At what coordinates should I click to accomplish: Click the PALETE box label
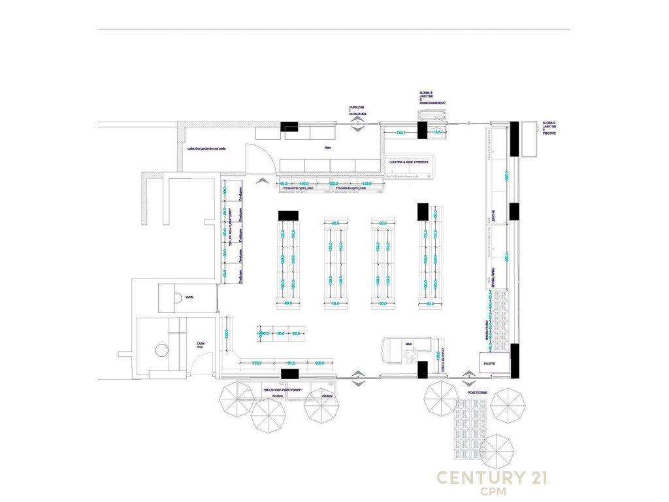489,363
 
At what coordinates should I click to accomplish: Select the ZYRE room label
189,297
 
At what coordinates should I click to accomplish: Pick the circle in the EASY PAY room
162,350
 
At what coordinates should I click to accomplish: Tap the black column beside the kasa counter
422,369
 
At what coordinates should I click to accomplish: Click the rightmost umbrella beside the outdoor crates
508,405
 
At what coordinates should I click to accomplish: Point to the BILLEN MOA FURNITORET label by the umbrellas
282,389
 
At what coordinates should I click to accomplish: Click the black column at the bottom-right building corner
514,361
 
